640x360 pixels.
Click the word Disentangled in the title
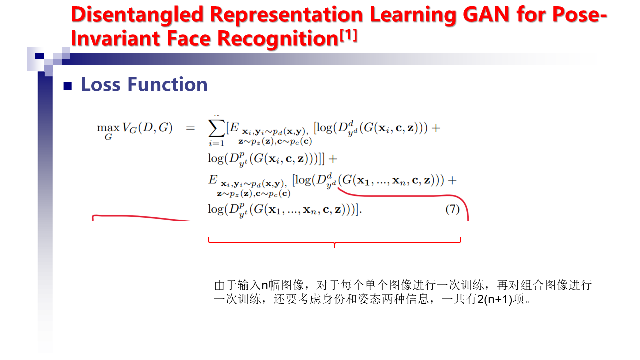[x=137, y=15]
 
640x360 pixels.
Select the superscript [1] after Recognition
[x=348, y=36]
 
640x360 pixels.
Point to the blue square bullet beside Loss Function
[x=68, y=86]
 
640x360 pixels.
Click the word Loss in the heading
[x=100, y=84]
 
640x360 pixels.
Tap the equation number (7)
[x=452, y=209]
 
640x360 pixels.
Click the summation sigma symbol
[x=217, y=129]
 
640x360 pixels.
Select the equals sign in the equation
[x=190, y=128]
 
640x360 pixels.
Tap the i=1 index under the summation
[x=216, y=143]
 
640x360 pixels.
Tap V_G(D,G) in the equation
[x=147, y=128]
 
